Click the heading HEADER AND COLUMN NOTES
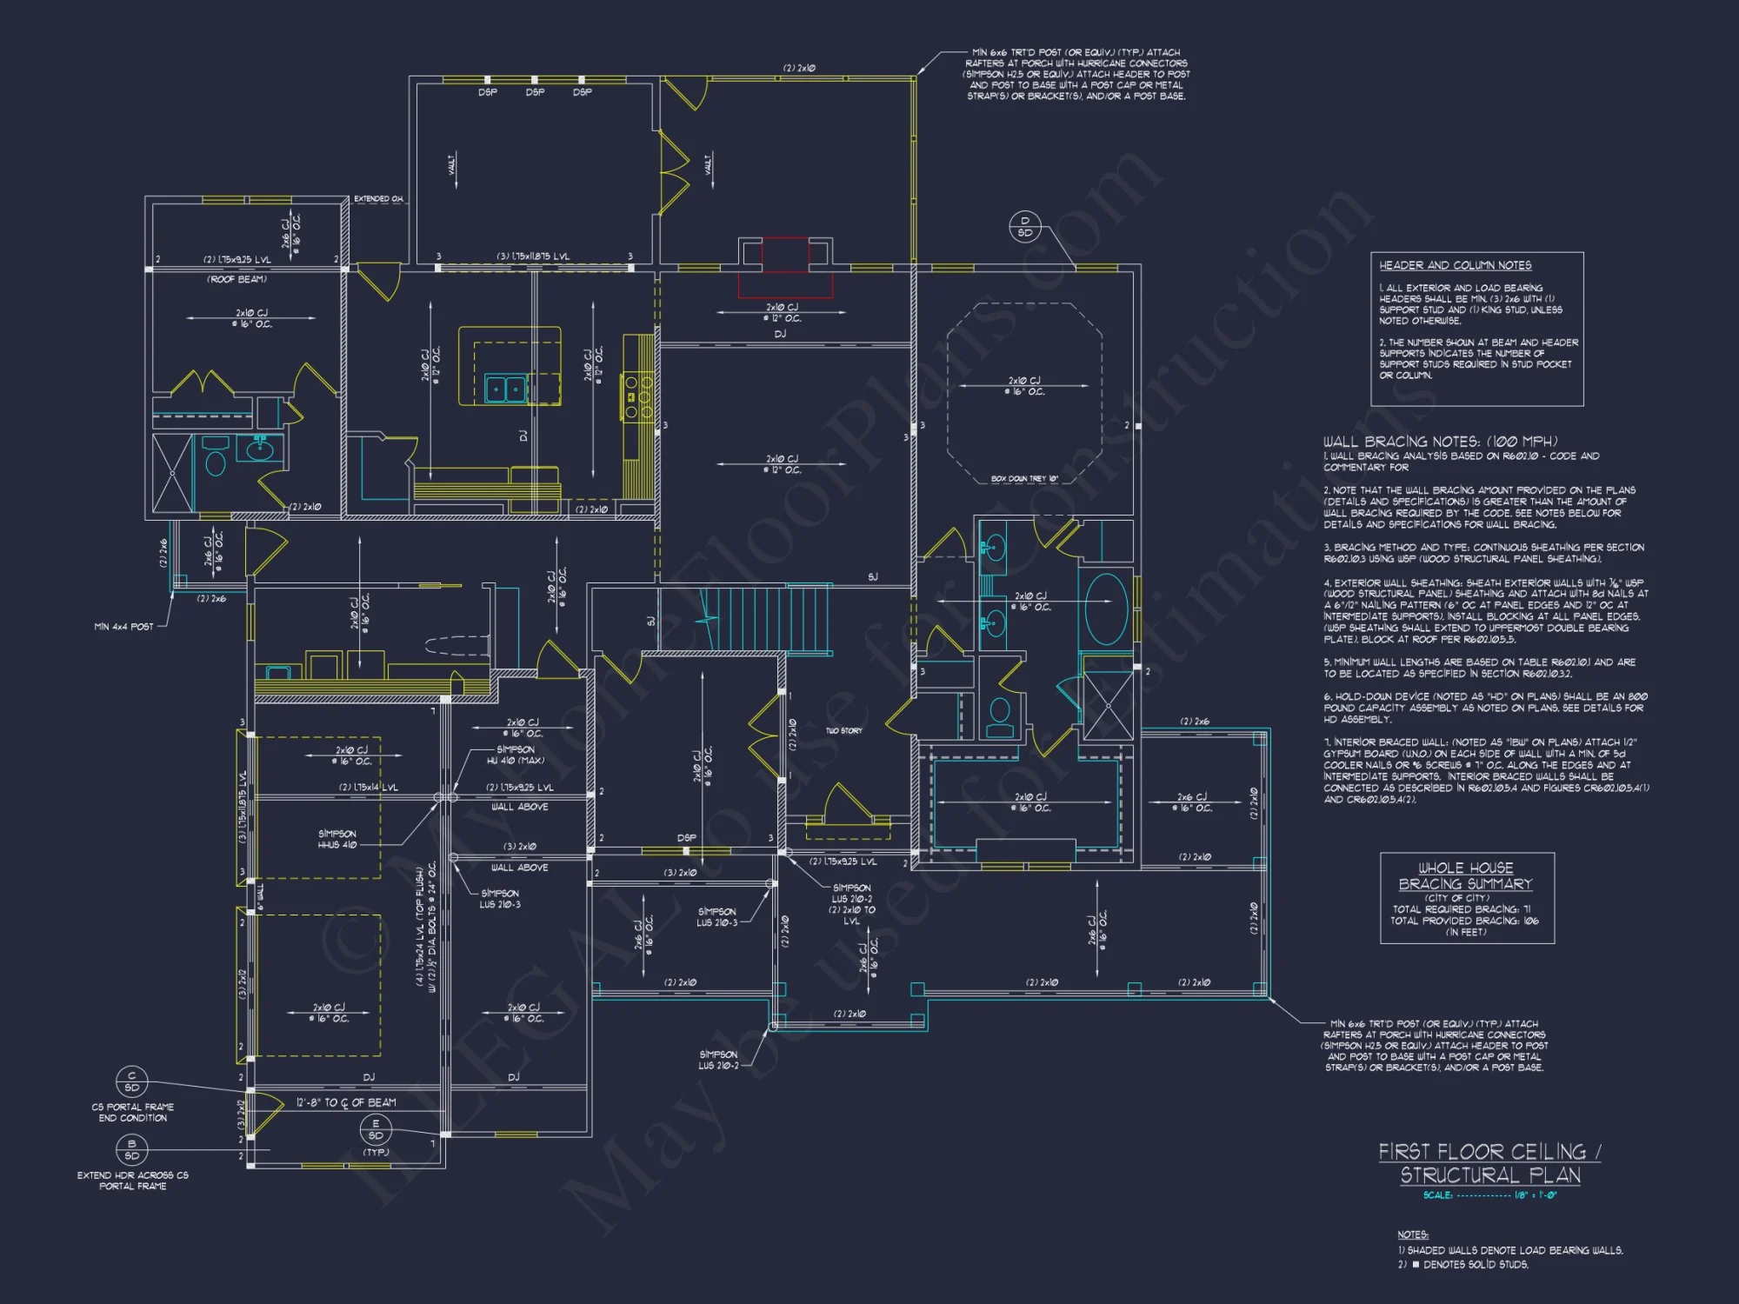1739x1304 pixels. tap(1455, 265)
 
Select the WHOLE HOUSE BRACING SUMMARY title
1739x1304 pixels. tap(1466, 875)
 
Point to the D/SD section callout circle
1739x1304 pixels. tap(1024, 227)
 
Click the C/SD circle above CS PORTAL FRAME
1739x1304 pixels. tap(132, 1081)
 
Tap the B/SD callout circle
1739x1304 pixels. tap(132, 1149)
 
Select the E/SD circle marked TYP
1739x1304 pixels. tap(376, 1129)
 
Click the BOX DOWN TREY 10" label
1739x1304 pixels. tap(1024, 479)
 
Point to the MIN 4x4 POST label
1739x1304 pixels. tap(123, 626)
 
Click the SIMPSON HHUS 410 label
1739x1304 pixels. tap(337, 839)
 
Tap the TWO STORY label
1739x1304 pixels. tap(843, 730)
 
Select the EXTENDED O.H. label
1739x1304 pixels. tap(378, 199)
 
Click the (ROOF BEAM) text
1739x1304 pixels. tap(237, 279)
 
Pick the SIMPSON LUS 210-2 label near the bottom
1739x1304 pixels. tap(718, 1060)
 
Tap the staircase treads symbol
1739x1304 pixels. tap(765, 619)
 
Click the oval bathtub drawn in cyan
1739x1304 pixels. tap(1106, 609)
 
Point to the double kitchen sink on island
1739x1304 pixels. tap(505, 389)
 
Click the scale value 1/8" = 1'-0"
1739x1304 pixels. tap(1536, 1195)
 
